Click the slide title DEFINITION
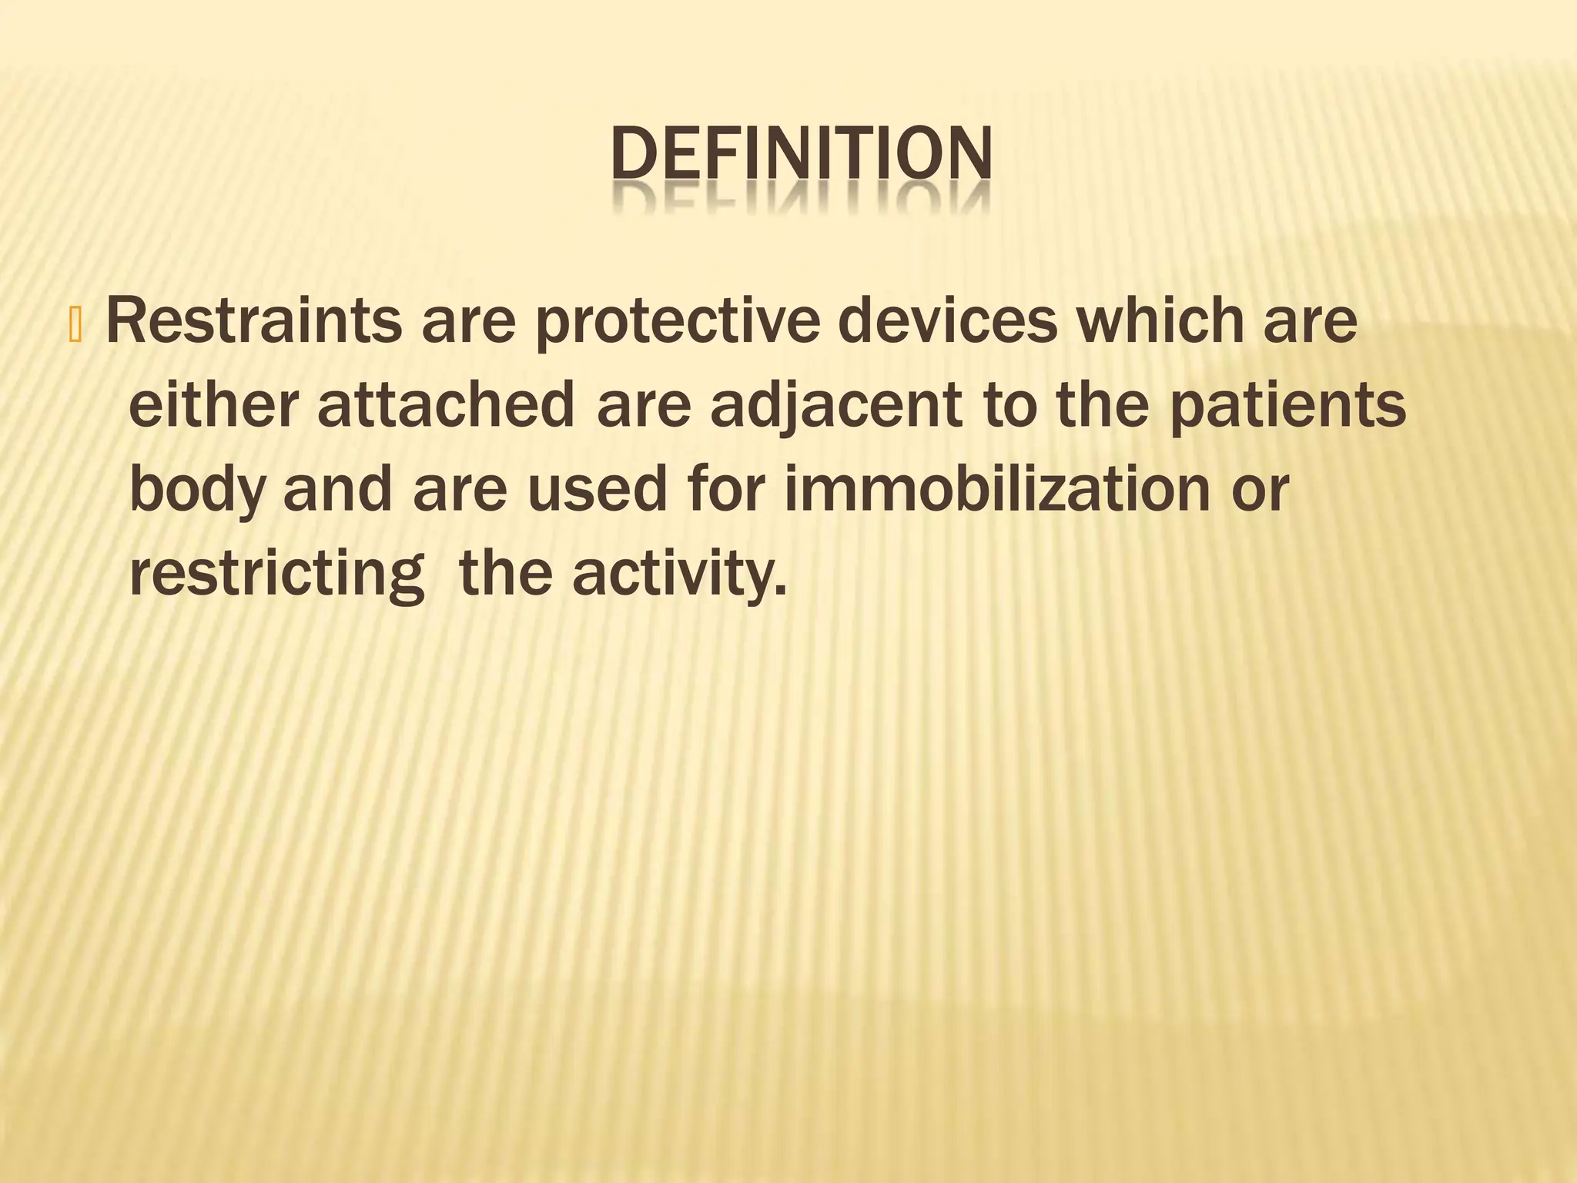[801, 155]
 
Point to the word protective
[675, 323]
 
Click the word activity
[678, 576]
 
